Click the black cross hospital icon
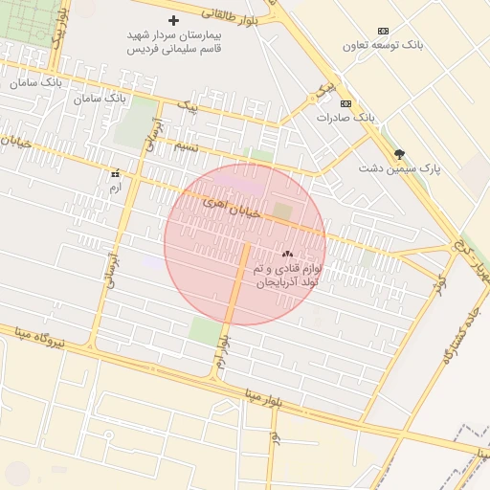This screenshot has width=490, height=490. click(x=173, y=20)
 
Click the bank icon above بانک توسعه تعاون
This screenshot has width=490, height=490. click(x=384, y=32)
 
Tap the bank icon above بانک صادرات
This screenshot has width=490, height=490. click(x=345, y=103)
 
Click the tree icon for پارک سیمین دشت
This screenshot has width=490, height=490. click(x=399, y=154)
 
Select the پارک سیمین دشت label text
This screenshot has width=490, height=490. click(x=400, y=167)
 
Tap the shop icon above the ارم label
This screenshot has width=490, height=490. click(x=116, y=174)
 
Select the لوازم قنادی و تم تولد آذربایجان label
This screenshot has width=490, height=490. click(x=288, y=276)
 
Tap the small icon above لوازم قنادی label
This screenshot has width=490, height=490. click(x=287, y=255)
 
